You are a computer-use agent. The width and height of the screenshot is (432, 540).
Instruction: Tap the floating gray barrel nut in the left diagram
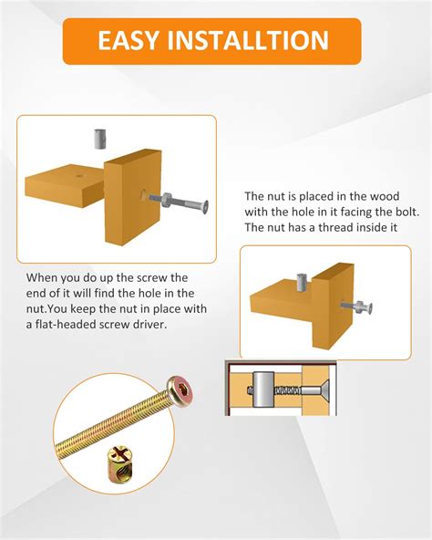(x=99, y=140)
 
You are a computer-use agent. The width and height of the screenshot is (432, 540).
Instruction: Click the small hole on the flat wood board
(x=80, y=176)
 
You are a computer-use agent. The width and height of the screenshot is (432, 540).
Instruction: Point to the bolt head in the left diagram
(x=204, y=207)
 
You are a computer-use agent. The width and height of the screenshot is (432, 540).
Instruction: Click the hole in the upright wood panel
(x=145, y=195)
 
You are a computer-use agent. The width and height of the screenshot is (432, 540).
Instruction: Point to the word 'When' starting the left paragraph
(x=42, y=277)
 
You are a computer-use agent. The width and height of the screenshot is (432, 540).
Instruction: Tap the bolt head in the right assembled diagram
(x=369, y=308)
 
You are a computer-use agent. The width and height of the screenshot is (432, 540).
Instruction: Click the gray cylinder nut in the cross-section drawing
(x=263, y=389)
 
